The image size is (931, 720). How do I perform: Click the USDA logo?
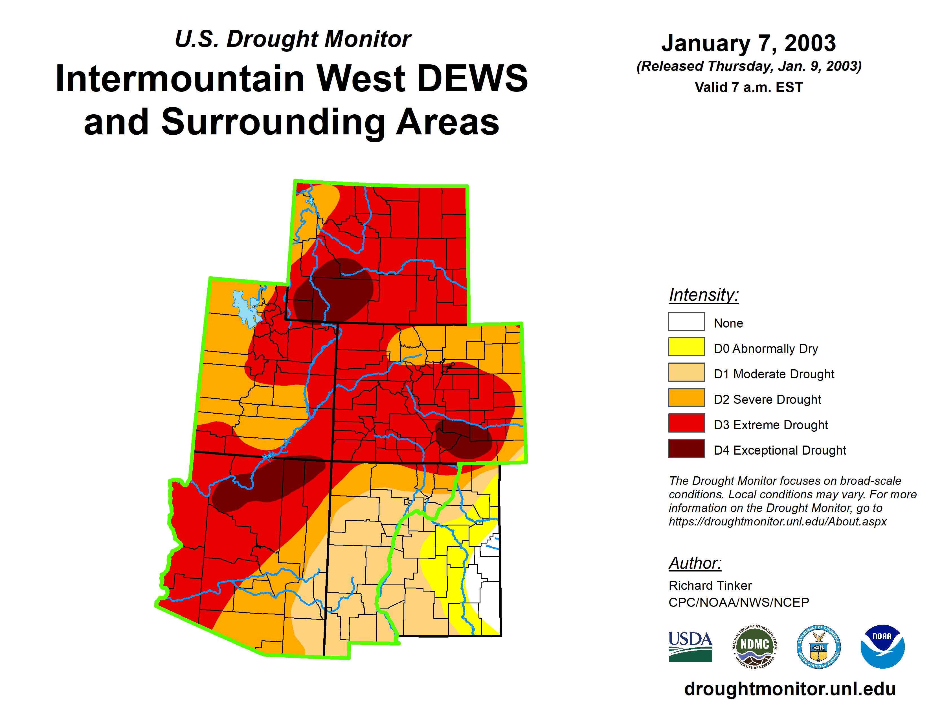pos(690,647)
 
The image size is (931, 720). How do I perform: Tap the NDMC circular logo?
pos(754,647)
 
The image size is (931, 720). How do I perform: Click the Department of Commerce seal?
pos(818,647)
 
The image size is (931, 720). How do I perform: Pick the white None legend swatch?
pos(686,321)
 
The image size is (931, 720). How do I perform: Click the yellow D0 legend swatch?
pos(686,346)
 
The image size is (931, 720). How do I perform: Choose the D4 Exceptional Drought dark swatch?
pos(686,448)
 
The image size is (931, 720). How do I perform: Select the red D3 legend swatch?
pos(686,423)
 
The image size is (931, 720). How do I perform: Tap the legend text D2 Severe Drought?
pos(767,399)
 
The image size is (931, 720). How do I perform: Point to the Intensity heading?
pos(703,295)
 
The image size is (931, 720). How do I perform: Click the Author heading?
pos(695,563)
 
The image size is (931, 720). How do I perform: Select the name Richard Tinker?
pos(710,585)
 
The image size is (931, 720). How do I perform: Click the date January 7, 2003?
pos(748,43)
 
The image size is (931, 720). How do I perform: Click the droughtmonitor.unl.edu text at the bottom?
pos(790,689)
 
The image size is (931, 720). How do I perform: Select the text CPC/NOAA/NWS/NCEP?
pos(739,602)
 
